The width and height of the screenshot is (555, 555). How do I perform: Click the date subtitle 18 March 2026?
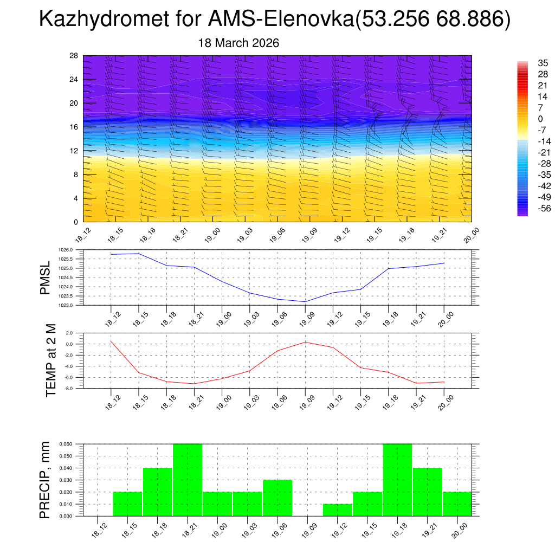[x=239, y=43]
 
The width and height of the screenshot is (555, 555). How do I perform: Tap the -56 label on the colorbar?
[x=528, y=208]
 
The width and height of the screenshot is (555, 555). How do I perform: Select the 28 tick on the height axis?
[x=74, y=56]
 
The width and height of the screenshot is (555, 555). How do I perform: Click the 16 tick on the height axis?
[x=74, y=127]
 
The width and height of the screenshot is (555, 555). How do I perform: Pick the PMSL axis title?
[x=46, y=277]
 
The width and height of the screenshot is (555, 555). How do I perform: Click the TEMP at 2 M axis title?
[x=51, y=360]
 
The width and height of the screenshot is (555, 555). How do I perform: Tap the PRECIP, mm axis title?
[x=46, y=480]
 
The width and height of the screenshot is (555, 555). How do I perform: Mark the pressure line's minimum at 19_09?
[x=305, y=301]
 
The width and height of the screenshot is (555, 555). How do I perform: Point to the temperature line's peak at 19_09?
[x=305, y=342]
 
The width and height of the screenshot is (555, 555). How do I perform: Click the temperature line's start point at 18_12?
[x=111, y=341]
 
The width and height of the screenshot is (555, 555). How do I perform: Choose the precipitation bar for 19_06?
[x=277, y=498]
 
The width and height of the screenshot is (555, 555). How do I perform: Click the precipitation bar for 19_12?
[x=338, y=510]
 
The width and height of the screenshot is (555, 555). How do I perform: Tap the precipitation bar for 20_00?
[x=457, y=504]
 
